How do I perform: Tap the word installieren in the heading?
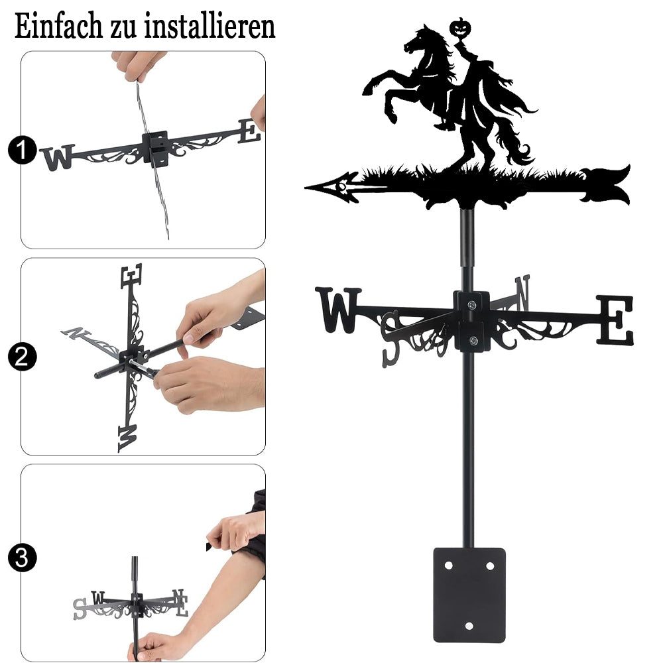[210, 27]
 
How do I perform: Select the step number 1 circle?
[22, 150]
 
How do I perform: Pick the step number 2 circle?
[22, 357]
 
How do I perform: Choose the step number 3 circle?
[22, 558]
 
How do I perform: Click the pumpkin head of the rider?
[461, 28]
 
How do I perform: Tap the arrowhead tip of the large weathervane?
[306, 187]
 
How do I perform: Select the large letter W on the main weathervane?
[338, 309]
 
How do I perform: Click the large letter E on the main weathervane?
[615, 320]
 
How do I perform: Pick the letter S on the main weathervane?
[392, 339]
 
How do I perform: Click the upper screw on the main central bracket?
[471, 304]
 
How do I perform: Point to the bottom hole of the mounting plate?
[469, 626]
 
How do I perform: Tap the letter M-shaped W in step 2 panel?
[127, 438]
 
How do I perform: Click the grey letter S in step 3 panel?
[80, 609]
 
